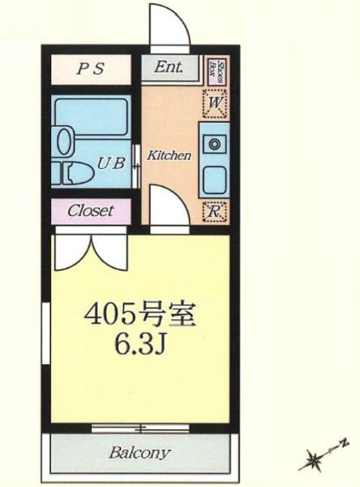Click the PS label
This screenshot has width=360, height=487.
pyautogui.click(x=91, y=69)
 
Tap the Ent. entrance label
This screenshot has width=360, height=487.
pyautogui.click(x=168, y=67)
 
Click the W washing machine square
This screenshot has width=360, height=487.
pyautogui.click(x=215, y=103)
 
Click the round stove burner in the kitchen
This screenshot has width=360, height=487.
pyautogui.click(x=215, y=145)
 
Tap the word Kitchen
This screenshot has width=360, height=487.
pyautogui.click(x=168, y=154)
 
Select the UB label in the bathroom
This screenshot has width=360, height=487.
pyautogui.click(x=111, y=162)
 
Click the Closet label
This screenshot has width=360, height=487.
pyautogui.click(x=90, y=211)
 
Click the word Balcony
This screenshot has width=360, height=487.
pyautogui.click(x=140, y=453)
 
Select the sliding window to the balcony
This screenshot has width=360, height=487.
pyautogui.click(x=140, y=427)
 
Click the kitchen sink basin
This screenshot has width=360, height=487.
pyautogui.click(x=215, y=177)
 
